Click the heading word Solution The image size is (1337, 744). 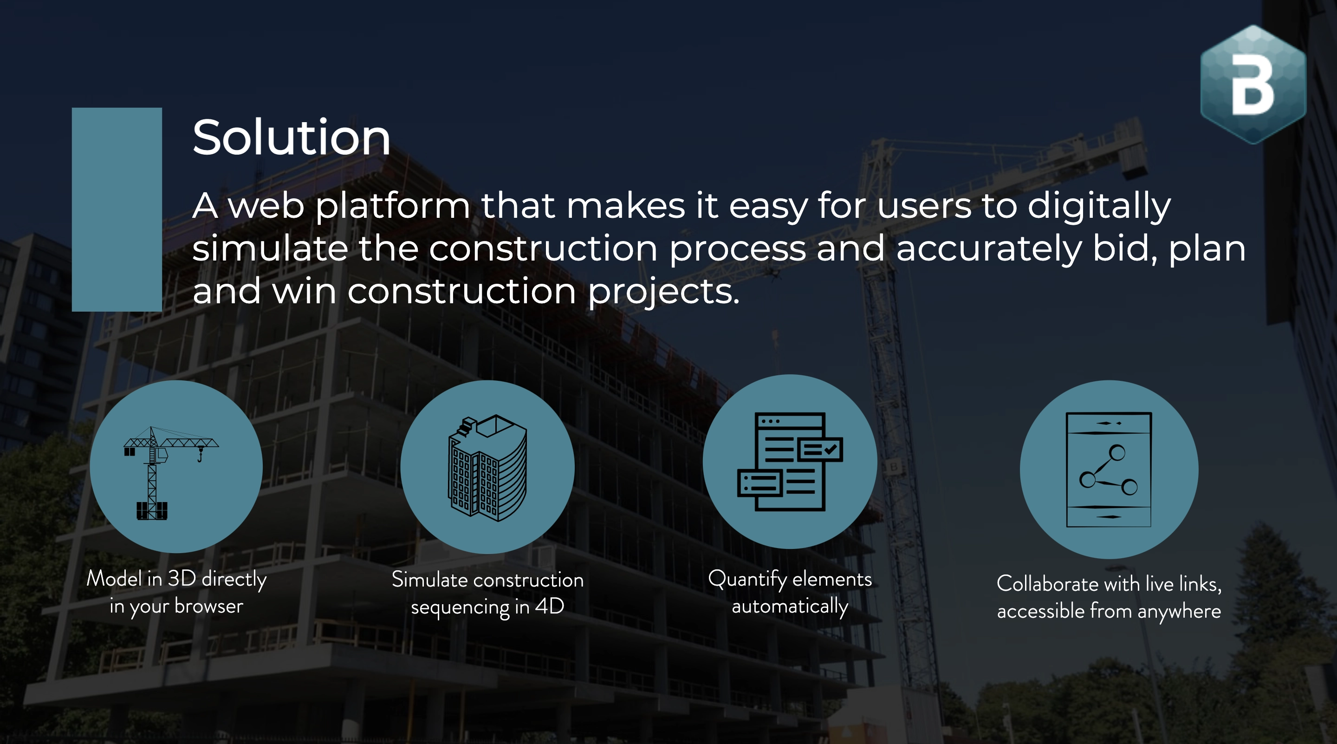coord(291,137)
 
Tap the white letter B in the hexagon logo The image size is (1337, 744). coord(1253,85)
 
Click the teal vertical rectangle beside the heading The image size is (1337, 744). coord(117,209)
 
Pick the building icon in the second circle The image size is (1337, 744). coord(487,467)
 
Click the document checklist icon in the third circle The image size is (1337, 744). coord(789,462)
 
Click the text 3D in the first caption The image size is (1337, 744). coord(182,578)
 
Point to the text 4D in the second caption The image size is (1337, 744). coord(549,606)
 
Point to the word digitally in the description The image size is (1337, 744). coord(1099,206)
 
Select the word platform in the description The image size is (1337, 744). coord(392,206)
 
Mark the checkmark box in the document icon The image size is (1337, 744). coord(820,449)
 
